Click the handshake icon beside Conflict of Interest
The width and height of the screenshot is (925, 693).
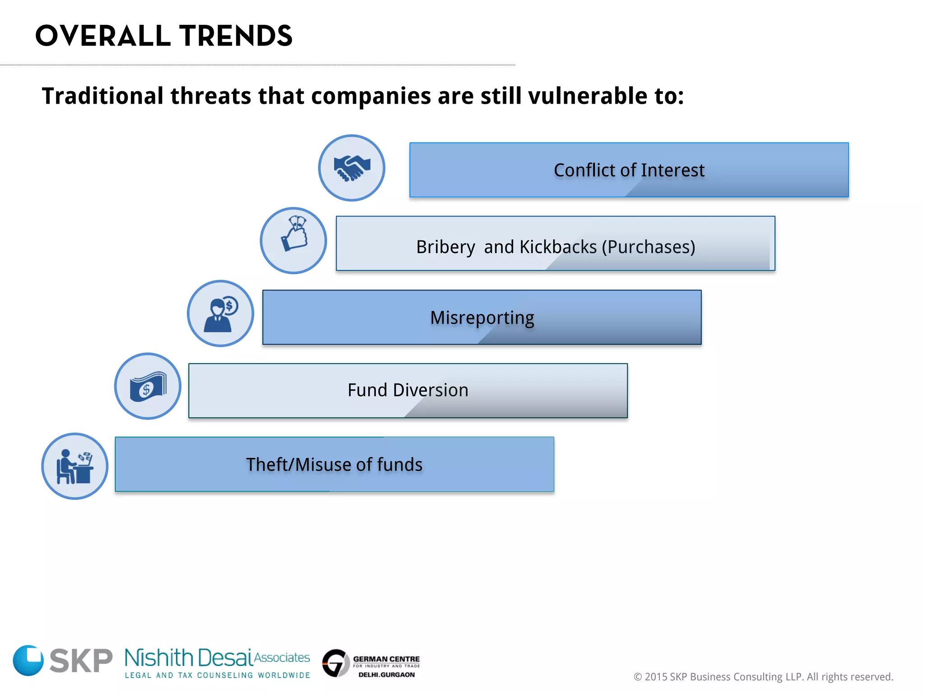coord(351,168)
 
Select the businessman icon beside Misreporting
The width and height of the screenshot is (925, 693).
coord(220,314)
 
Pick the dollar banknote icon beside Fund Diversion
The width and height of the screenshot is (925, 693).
coord(148,386)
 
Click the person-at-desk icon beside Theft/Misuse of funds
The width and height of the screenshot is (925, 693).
coord(75,466)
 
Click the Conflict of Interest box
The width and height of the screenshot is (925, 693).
coord(629,170)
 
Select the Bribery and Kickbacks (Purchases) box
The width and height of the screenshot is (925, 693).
coord(555,244)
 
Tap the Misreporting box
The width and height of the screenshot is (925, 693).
coord(482,317)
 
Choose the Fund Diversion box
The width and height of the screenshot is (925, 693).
coord(408,391)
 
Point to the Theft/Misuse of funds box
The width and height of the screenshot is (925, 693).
coord(334,464)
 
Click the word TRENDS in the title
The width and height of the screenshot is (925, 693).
coord(236,36)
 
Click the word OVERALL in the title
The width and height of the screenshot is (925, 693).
coord(103,36)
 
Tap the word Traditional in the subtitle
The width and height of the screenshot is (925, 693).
coord(103,96)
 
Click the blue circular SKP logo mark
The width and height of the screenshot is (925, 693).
coord(28,660)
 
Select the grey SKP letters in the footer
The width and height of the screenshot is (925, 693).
coord(81,661)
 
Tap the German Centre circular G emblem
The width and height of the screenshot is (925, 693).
coord(336,663)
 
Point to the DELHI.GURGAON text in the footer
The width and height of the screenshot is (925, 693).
coord(386,675)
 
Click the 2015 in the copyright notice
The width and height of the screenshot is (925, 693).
coord(656,677)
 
